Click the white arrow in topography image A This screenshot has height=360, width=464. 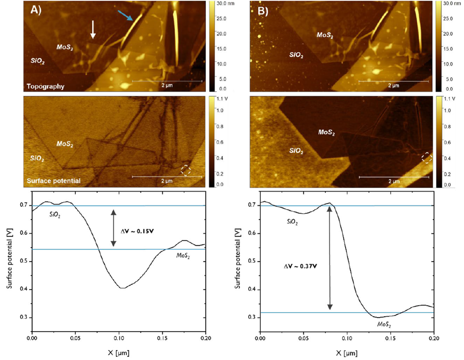click(x=93, y=29)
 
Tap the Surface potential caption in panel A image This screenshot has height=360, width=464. click(x=53, y=181)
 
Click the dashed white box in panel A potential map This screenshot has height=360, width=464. click(x=186, y=170)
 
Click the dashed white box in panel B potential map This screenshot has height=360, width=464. click(x=427, y=157)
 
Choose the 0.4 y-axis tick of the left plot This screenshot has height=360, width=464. click(x=23, y=289)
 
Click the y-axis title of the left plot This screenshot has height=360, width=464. click(x=9, y=261)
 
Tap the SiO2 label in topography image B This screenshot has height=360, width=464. click(x=296, y=56)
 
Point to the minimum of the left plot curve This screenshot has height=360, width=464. click(x=122, y=288)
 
